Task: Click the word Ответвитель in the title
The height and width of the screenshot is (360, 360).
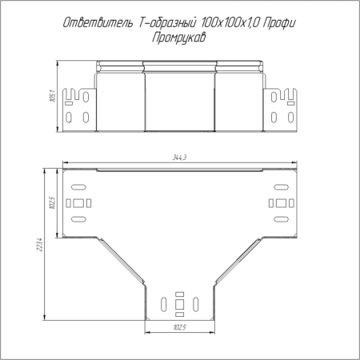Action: (98, 23)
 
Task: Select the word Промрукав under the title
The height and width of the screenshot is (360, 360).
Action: (179, 38)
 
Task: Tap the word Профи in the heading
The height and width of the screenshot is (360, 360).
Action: (279, 23)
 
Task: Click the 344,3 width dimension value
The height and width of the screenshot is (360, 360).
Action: (179, 158)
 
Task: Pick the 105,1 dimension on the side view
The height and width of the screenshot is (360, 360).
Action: (53, 96)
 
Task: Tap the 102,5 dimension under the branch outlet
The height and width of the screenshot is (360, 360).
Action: (180, 327)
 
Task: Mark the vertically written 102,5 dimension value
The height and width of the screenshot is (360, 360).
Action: (52, 202)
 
